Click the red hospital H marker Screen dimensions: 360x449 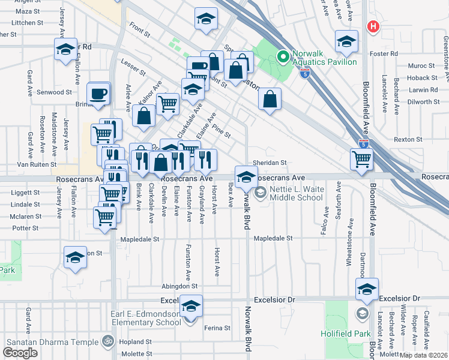(373, 26)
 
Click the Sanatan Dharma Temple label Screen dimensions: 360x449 (52, 342)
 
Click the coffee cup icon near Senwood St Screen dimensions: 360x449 (98, 94)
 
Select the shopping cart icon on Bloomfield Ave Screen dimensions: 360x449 (362, 159)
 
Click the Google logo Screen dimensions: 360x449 (20, 352)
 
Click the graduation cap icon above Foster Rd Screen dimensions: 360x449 (345, 41)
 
